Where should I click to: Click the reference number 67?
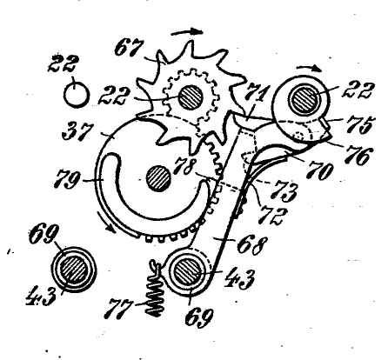(x=129, y=49)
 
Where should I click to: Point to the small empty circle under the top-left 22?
(x=77, y=96)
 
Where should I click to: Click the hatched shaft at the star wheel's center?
(x=191, y=97)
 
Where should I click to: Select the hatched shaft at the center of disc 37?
(x=158, y=178)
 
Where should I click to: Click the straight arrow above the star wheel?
(x=187, y=31)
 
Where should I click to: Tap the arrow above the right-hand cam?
(x=309, y=69)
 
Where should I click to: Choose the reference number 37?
(x=77, y=132)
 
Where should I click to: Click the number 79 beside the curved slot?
(x=67, y=179)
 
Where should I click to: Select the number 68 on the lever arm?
(x=251, y=245)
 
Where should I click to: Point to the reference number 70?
(x=320, y=171)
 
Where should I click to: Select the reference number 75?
(x=361, y=124)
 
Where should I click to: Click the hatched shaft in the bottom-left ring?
(x=74, y=269)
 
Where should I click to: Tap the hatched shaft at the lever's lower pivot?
(x=186, y=272)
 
